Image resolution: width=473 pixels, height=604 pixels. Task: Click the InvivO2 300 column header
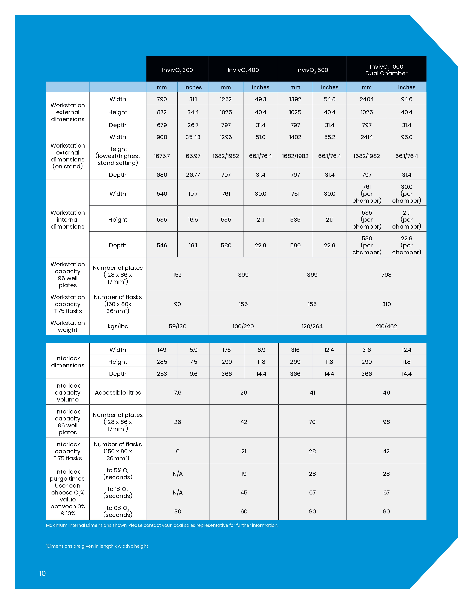point(177,70)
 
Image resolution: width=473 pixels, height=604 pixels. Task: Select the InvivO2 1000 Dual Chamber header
point(386,70)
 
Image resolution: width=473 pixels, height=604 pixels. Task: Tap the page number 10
point(42,573)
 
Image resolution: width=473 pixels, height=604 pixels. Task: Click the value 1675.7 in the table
point(162,156)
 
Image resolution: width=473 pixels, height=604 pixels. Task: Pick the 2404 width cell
point(366,99)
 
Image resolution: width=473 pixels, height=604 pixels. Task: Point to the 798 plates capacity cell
point(386,275)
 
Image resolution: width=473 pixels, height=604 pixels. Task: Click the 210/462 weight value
point(386,326)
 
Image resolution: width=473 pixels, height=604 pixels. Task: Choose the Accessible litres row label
point(118,392)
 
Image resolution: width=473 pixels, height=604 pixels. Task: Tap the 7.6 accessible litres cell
point(178,392)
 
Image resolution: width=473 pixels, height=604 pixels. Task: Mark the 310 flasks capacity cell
point(386,304)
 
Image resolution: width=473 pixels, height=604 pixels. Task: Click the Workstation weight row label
point(68,326)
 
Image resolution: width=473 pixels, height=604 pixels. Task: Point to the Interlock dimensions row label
point(68,362)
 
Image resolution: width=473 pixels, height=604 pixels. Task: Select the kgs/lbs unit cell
point(118,326)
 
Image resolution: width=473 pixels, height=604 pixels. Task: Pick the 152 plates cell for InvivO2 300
point(177,275)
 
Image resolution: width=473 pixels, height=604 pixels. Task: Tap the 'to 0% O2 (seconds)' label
point(118,511)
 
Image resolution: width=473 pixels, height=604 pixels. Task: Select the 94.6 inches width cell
point(407,99)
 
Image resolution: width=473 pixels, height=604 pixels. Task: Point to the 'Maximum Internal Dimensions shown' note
point(162,525)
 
